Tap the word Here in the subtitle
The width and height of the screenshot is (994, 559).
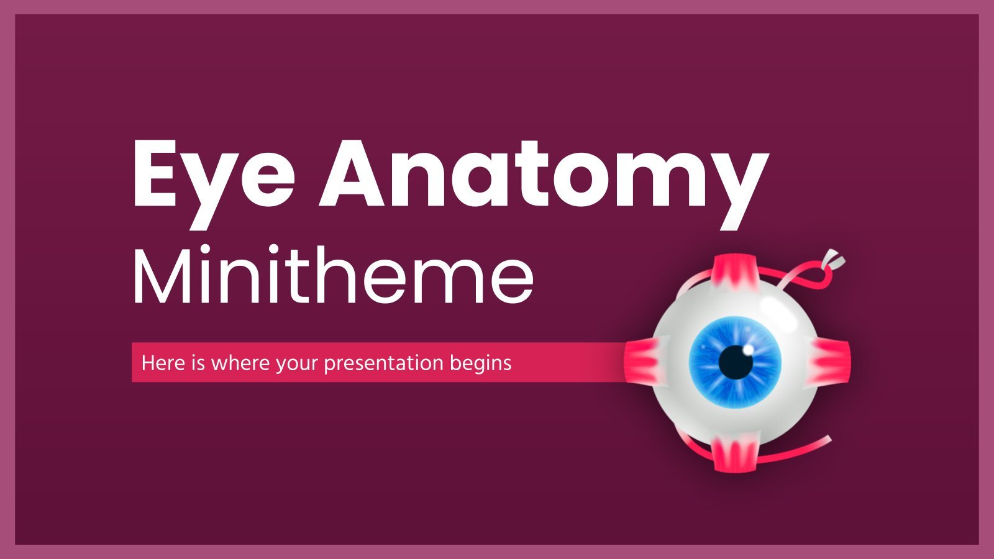tap(163, 363)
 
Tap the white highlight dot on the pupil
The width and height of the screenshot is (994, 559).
tap(748, 350)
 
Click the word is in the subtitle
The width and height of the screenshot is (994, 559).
tap(198, 363)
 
